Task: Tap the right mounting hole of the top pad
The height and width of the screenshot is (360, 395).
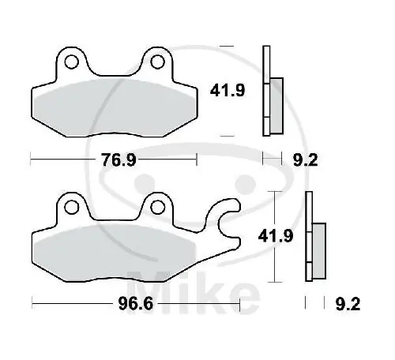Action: [x=156, y=62]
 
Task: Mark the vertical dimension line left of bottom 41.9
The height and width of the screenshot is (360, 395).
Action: [x=273, y=237]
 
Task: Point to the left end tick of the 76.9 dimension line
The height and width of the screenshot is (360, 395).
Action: [x=31, y=160]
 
